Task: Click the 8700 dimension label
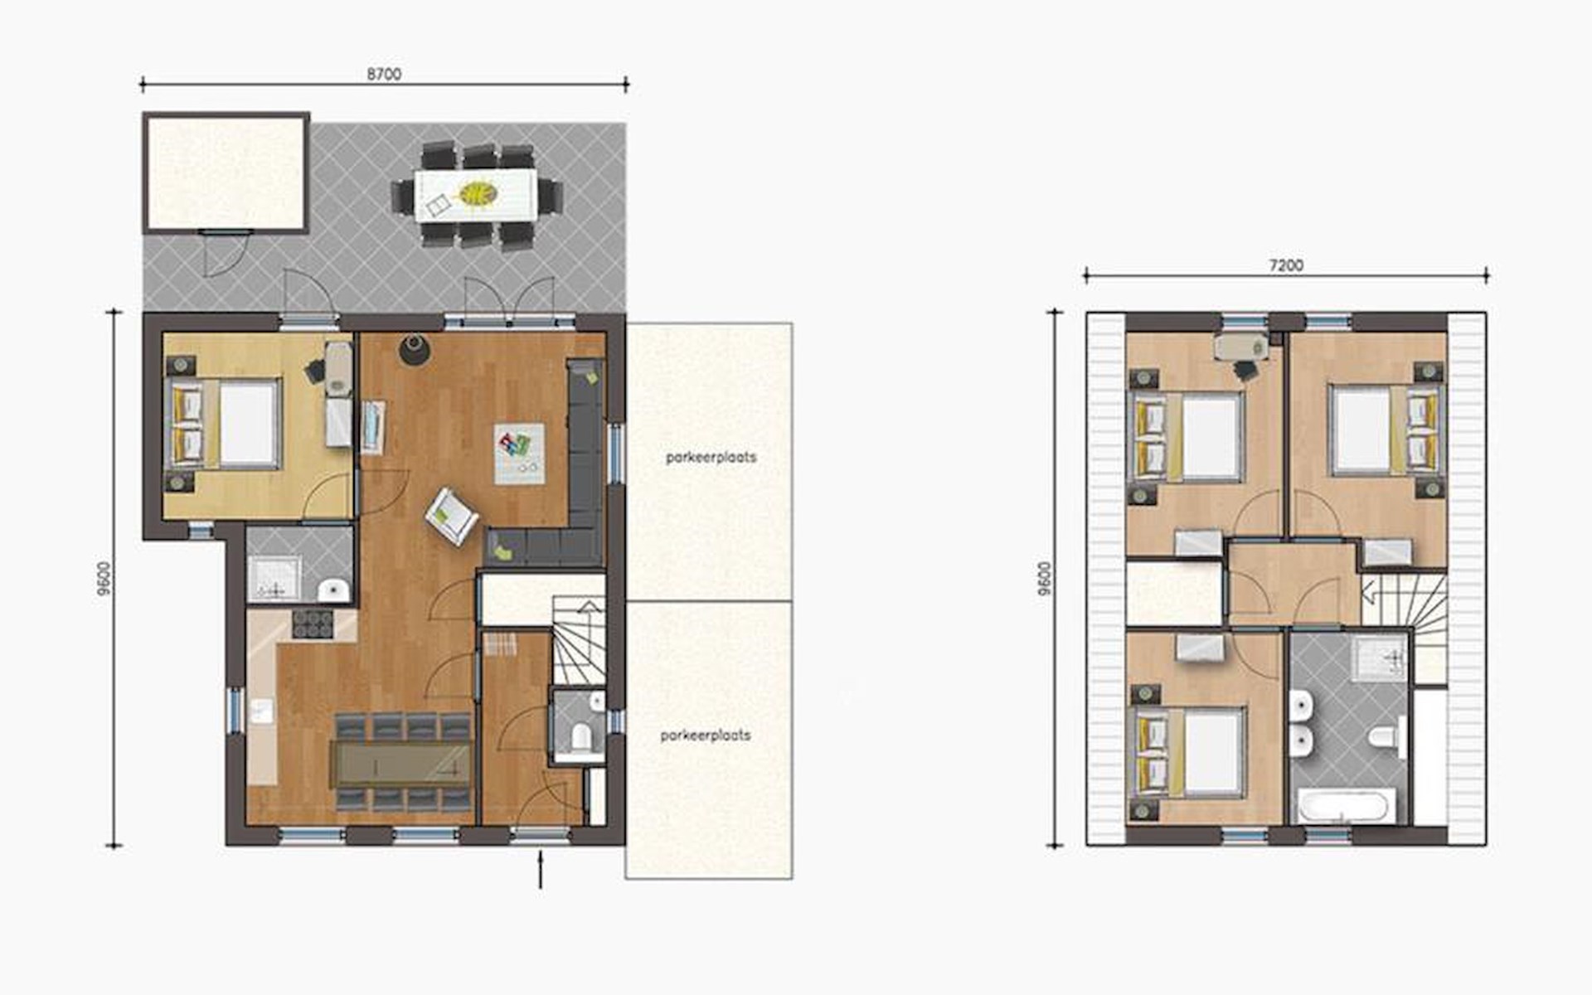pyautogui.click(x=384, y=75)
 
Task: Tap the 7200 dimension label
pyautogui.click(x=1286, y=265)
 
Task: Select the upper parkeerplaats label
pyautogui.click(x=711, y=457)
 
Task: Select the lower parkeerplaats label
pyautogui.click(x=706, y=735)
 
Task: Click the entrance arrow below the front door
pyautogui.click(x=541, y=869)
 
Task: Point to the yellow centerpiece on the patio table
pyautogui.click(x=478, y=194)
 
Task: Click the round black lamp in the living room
pyautogui.click(x=414, y=349)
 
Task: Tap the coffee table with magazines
pyautogui.click(x=520, y=454)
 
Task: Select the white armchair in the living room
pyautogui.click(x=452, y=516)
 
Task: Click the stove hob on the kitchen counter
pyautogui.click(x=313, y=624)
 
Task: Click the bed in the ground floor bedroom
pyautogui.click(x=224, y=424)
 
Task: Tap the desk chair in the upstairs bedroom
pyautogui.click(x=1245, y=370)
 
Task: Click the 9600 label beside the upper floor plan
pyautogui.click(x=1045, y=578)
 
